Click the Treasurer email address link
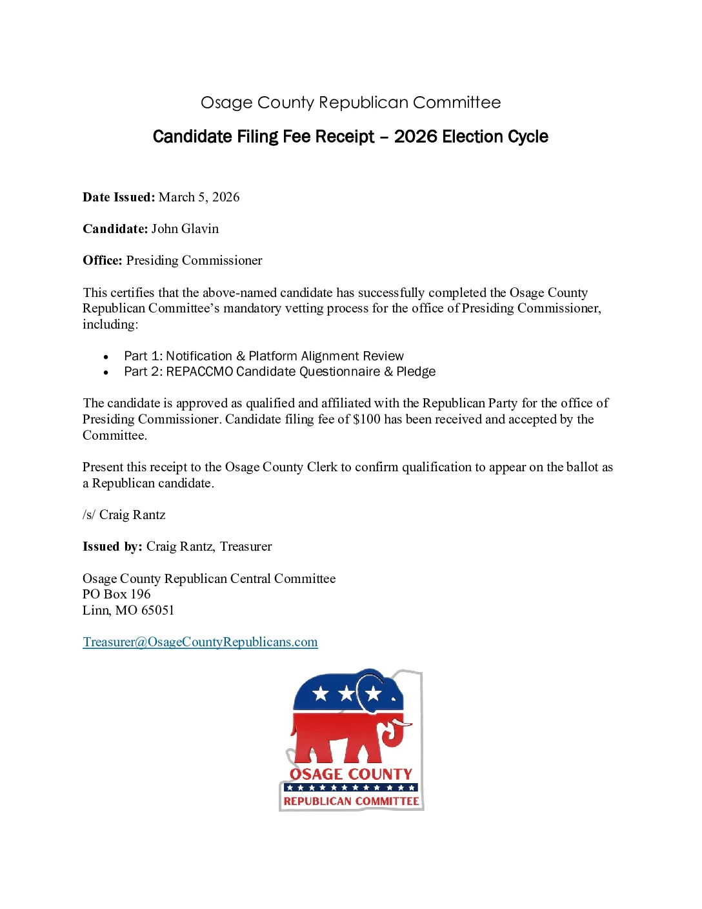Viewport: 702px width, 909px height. (200, 642)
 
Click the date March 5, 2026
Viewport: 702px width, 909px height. (199, 197)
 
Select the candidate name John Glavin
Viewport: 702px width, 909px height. (185, 229)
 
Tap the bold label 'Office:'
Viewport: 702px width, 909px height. (103, 260)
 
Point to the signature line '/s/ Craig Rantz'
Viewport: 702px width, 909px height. (124, 515)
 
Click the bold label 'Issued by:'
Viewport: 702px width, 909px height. (112, 546)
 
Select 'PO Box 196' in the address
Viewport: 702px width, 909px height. (116, 594)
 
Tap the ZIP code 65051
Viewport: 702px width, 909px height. (157, 610)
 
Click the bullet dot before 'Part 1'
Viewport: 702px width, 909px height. (106, 356)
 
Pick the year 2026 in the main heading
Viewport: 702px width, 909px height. (416, 137)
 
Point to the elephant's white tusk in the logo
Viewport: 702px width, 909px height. (401, 724)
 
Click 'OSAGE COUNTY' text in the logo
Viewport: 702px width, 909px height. (351, 773)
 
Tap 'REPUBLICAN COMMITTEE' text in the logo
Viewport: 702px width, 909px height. (351, 801)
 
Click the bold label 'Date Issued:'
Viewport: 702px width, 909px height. (119, 197)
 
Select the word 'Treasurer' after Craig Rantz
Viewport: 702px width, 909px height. (246, 546)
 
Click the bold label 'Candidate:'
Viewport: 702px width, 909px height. (115, 229)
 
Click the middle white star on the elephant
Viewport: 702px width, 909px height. (346, 694)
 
